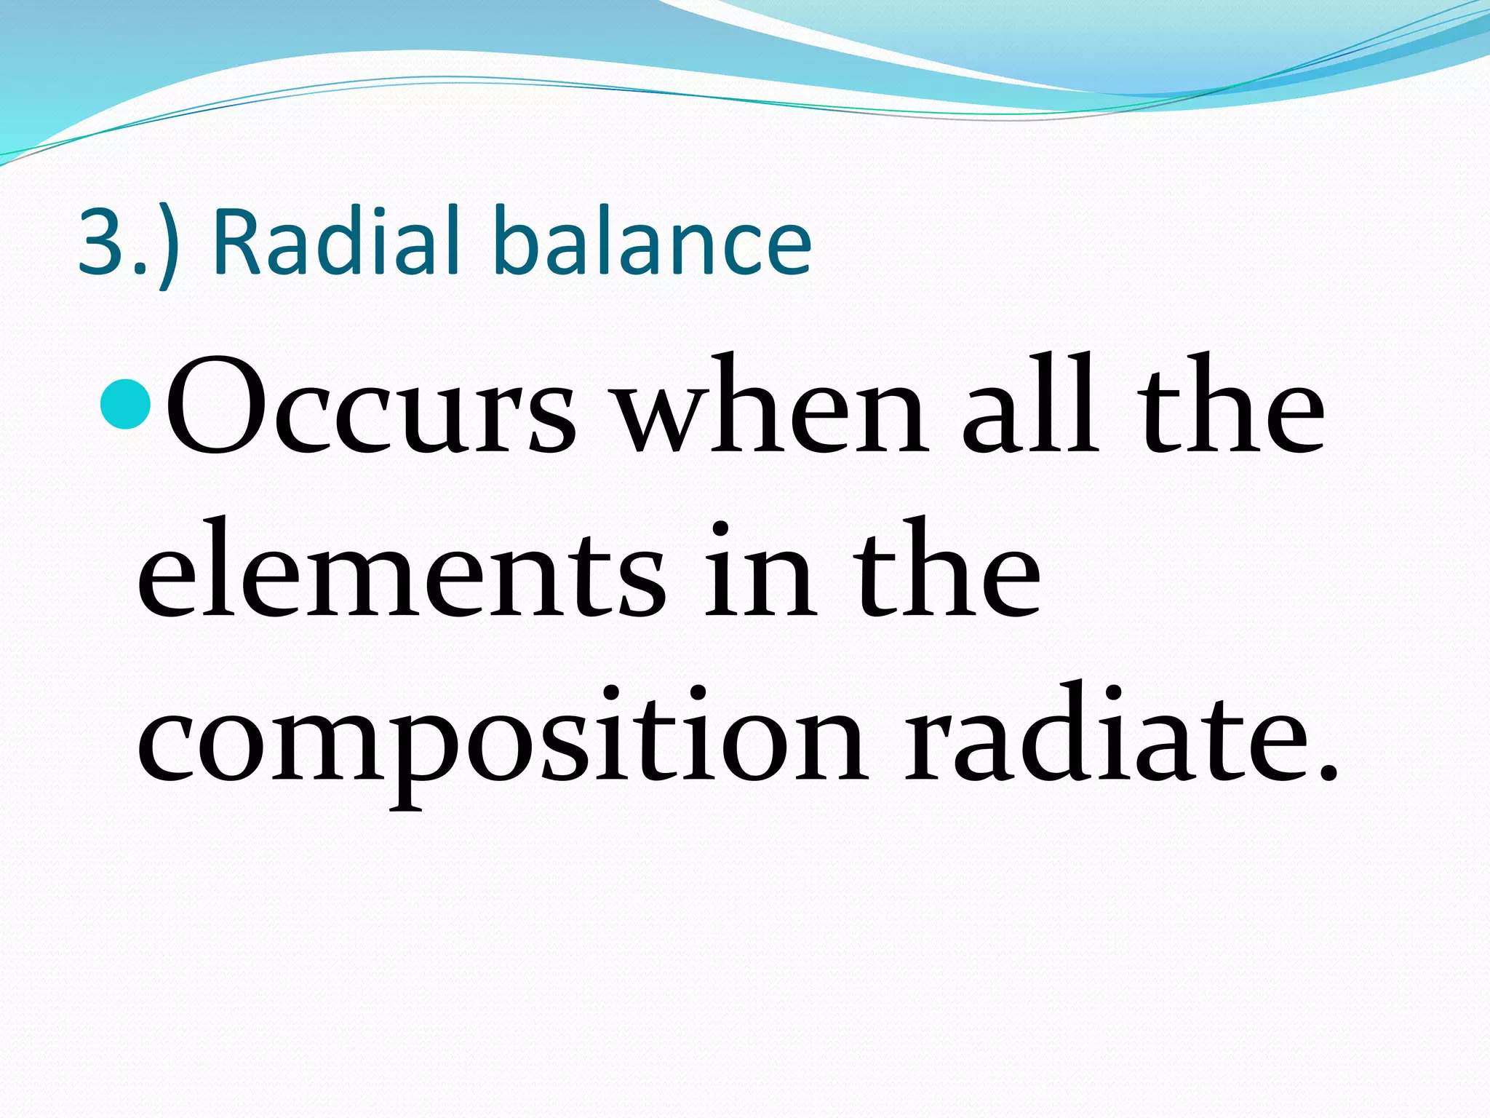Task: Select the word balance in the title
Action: coord(652,242)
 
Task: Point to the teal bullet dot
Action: coord(127,405)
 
